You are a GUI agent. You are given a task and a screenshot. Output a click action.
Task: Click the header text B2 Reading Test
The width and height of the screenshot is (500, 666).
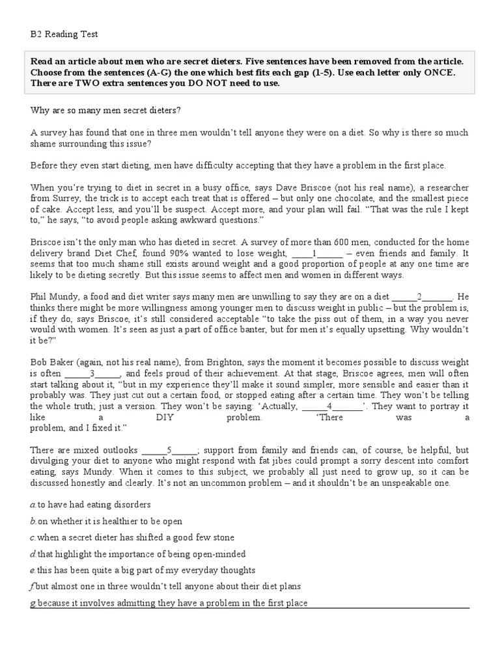pyautogui.click(x=64, y=34)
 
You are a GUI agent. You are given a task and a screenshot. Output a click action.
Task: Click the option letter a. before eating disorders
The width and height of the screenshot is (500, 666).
pyautogui.click(x=33, y=504)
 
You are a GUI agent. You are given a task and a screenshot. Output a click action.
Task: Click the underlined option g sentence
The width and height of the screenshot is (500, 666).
pyautogui.click(x=169, y=604)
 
